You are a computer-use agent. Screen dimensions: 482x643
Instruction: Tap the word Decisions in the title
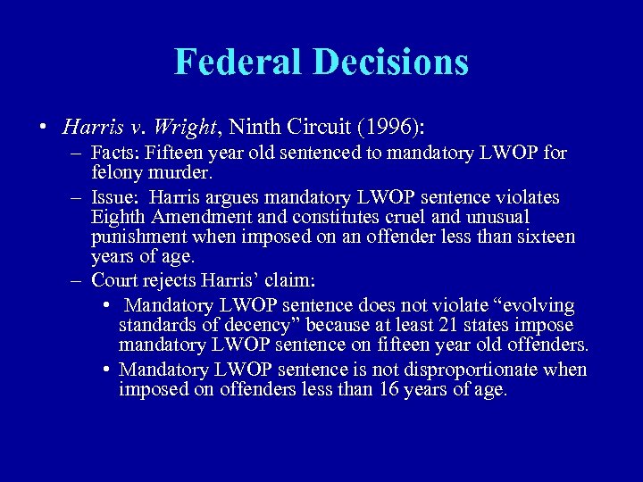pyautogui.click(x=390, y=62)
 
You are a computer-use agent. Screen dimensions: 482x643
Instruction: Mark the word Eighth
pyautogui.click(x=117, y=217)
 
